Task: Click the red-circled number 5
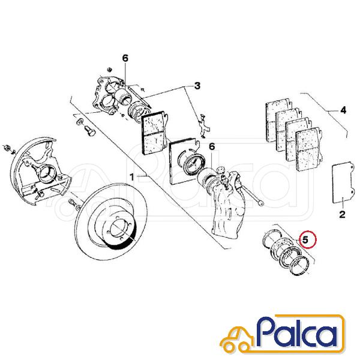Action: point(305,240)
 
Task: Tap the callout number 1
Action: point(132,177)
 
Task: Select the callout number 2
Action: point(342,215)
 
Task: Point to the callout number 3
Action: point(197,86)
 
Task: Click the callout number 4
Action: point(343,110)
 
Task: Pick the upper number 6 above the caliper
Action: point(125,58)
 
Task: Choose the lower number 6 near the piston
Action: point(212,146)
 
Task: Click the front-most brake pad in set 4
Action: point(309,149)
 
